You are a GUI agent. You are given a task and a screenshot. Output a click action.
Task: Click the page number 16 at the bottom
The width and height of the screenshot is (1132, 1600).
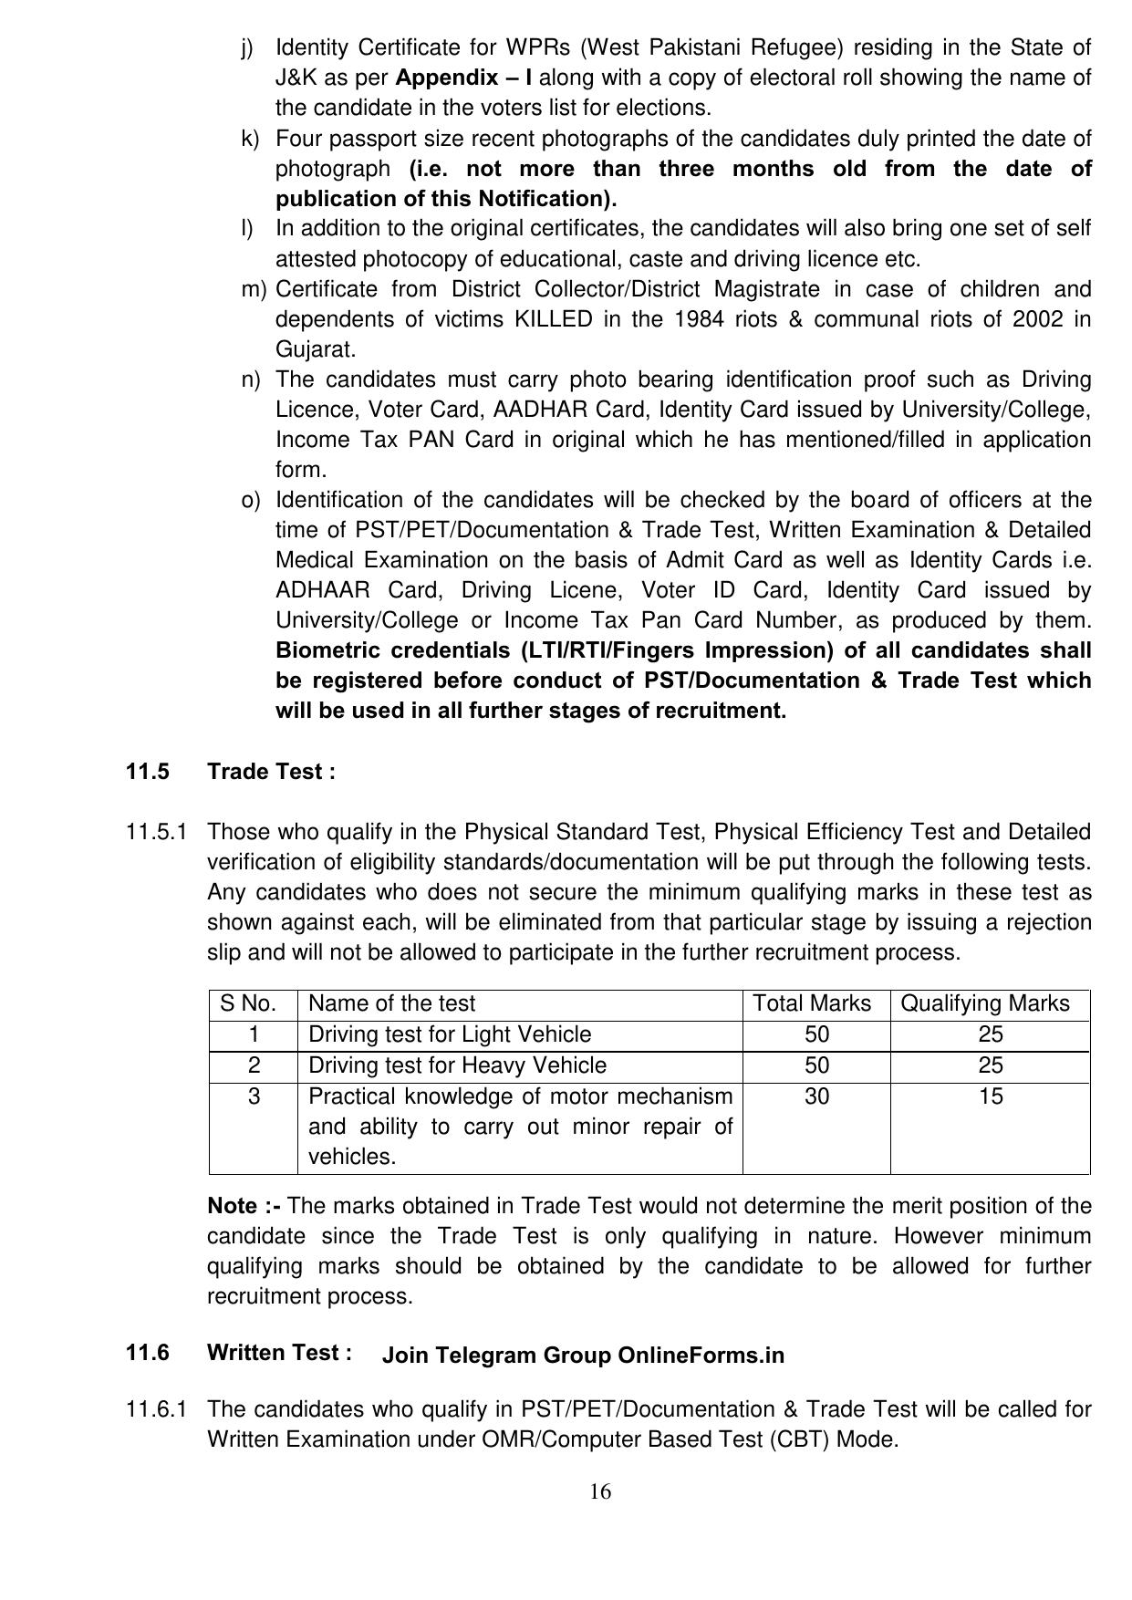pos(599,1491)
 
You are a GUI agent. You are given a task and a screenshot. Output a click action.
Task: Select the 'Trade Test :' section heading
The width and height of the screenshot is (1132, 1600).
pos(271,772)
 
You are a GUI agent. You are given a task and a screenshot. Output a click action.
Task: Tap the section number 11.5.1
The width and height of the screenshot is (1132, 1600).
pos(157,832)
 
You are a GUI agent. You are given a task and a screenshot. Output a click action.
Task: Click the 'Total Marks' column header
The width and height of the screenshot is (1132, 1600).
pos(812,1003)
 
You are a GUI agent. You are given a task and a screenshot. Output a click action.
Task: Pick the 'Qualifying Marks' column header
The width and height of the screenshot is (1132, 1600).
pos(984,1003)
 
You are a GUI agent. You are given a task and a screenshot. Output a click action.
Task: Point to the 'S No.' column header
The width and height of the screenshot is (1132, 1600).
pos(248,1003)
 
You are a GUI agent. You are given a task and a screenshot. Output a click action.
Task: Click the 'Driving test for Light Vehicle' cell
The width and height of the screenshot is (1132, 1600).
pos(450,1034)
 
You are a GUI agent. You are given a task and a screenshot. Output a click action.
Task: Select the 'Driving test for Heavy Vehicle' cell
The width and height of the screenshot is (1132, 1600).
pos(457,1065)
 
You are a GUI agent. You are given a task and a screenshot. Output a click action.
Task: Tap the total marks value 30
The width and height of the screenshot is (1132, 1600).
pos(816,1096)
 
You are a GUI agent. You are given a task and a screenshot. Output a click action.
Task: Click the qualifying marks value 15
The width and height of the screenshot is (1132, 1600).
pos(991,1096)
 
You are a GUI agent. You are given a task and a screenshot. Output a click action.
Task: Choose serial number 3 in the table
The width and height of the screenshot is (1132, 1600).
pos(254,1096)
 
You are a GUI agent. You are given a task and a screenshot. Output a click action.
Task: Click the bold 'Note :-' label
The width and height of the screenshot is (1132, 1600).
pos(244,1206)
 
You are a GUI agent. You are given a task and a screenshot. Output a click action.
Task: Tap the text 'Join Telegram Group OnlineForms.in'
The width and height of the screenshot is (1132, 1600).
pos(583,1356)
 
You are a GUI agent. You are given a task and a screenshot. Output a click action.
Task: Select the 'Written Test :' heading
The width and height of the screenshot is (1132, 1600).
pos(279,1353)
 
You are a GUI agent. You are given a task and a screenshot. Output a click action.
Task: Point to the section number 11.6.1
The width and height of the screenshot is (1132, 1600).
pos(157,1409)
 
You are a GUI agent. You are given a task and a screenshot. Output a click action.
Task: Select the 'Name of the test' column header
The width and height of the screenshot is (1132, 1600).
pos(391,1003)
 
